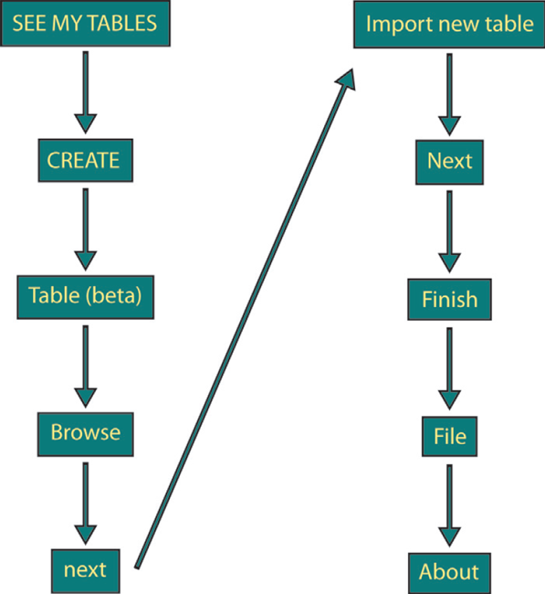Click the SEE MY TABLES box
tap(84, 24)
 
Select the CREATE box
tap(84, 160)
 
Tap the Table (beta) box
tap(84, 296)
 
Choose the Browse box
tap(85, 432)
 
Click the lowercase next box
tap(85, 569)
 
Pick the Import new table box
tap(449, 25)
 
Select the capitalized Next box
tap(449, 162)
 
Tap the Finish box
tap(449, 299)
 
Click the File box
tap(449, 436)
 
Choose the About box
tap(449, 572)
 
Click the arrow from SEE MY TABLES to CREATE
tap(84, 91)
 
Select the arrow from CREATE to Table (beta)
tap(84, 228)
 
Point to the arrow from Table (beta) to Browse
tap(84, 365)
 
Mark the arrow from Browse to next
tap(84, 502)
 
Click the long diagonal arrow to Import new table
tap(242, 320)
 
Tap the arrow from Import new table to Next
tap(449, 93)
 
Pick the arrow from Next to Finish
tap(449, 230)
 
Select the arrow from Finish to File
tap(449, 367)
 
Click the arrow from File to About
tap(449, 504)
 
